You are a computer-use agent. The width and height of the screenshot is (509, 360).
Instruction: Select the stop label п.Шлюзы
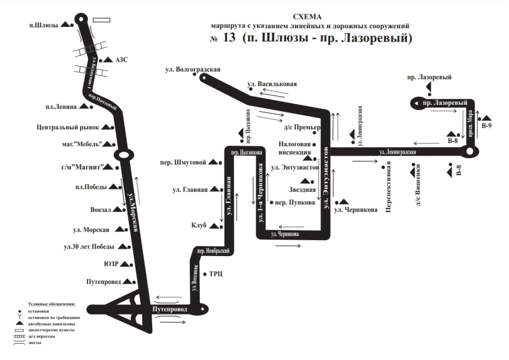point(44,25)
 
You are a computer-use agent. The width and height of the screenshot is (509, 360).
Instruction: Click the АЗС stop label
point(122,60)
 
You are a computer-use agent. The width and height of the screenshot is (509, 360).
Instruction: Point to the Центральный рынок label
point(68,127)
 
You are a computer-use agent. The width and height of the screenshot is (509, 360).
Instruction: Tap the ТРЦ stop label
point(216,273)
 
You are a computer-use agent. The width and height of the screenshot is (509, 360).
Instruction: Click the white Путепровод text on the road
point(170,309)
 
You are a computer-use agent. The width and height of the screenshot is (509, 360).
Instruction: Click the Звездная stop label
point(303,189)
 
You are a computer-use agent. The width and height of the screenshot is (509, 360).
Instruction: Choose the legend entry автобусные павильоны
point(51,323)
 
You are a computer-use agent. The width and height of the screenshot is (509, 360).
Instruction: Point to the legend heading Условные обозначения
point(52,303)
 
